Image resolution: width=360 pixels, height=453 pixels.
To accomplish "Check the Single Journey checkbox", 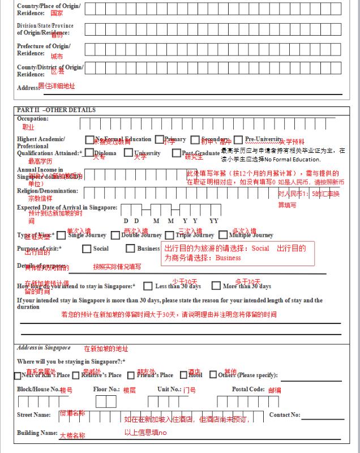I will [61, 236].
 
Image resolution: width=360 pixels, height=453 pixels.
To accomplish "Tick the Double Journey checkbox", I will [115, 236].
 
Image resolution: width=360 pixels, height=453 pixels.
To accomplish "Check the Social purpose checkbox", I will [87, 249].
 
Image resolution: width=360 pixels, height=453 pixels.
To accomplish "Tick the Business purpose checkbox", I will [130, 249].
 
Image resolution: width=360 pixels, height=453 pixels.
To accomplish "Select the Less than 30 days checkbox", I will [148, 287].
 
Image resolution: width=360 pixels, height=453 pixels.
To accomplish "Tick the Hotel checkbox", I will [183, 375].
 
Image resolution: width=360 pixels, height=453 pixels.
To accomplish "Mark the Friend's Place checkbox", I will [131, 375].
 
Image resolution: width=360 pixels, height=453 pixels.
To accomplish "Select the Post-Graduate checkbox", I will [177, 153].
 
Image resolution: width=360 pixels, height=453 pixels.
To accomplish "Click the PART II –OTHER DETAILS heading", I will [56, 110].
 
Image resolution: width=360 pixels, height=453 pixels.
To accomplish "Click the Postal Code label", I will [248, 390].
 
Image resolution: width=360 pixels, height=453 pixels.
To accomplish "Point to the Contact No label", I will [285, 415].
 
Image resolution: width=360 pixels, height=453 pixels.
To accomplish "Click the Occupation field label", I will [33, 119].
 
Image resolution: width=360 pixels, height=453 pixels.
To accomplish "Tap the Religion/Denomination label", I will [48, 191].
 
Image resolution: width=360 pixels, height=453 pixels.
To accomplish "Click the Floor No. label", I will [106, 390].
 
